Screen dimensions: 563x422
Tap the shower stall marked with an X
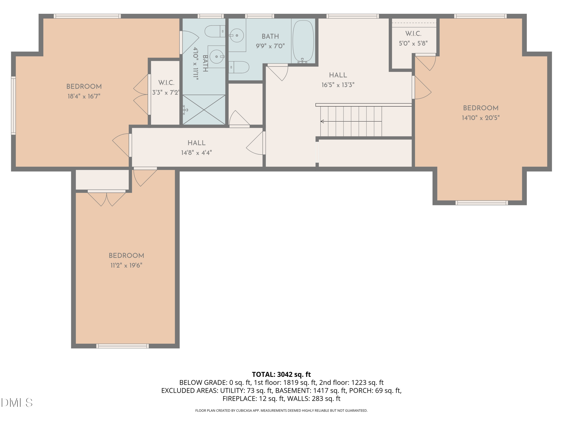coord(204,110)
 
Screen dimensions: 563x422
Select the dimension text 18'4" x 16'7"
coord(84,96)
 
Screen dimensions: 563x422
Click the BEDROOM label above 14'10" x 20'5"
coord(481,108)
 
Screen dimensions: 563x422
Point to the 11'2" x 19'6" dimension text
coord(126,265)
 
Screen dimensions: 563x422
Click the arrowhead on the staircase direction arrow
coord(322,121)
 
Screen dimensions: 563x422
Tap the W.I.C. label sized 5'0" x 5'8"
coord(413,34)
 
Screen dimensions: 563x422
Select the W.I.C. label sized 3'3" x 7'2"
coord(166,83)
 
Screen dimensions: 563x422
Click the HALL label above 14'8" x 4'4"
coord(196,143)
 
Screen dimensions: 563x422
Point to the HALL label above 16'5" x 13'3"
coord(338,75)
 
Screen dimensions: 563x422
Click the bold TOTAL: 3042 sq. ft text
coord(281,374)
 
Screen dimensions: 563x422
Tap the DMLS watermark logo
coord(17,402)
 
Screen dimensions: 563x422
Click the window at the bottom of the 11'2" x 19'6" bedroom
coord(122,346)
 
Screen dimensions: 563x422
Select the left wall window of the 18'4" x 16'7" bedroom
coord(13,105)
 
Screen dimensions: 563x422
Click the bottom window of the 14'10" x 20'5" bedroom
coord(482,203)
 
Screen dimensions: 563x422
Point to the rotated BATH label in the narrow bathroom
coord(205,64)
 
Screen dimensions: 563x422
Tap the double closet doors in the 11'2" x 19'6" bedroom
coord(107,198)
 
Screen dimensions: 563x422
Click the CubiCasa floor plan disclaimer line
coord(281,410)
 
